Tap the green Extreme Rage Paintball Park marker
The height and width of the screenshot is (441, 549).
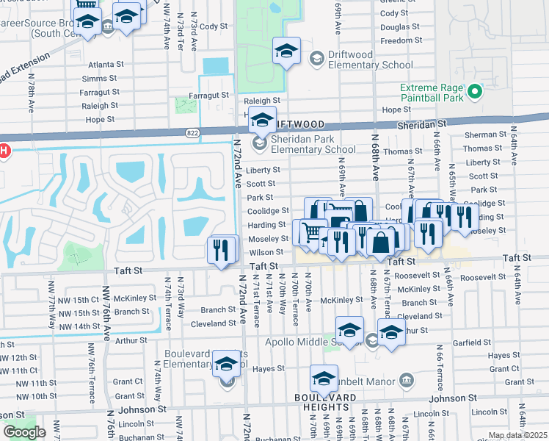474,92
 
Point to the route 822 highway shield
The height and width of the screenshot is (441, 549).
192,132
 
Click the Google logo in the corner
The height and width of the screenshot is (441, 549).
24,432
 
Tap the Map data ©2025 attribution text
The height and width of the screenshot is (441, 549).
517,435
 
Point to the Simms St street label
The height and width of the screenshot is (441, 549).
100,79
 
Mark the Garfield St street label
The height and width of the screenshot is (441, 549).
471,343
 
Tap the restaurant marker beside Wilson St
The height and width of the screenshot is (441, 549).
222,249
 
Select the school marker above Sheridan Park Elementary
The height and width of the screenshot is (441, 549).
262,119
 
